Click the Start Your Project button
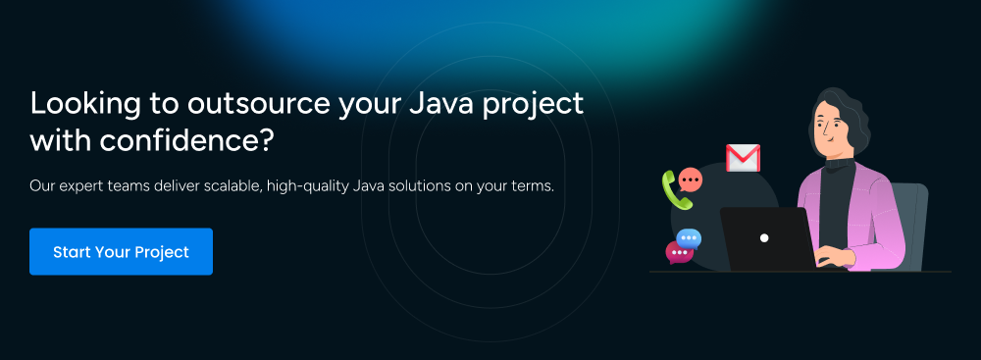pos(121,252)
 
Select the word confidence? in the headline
pos(186,141)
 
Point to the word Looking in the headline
pos(85,105)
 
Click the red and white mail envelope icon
pos(743,158)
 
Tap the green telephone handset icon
pos(676,189)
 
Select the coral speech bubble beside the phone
pos(691,180)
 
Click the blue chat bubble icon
pos(689,238)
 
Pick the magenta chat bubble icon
pos(679,252)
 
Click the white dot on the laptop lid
pos(764,238)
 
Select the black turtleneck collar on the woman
pos(839,162)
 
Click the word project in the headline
pos(541,105)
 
